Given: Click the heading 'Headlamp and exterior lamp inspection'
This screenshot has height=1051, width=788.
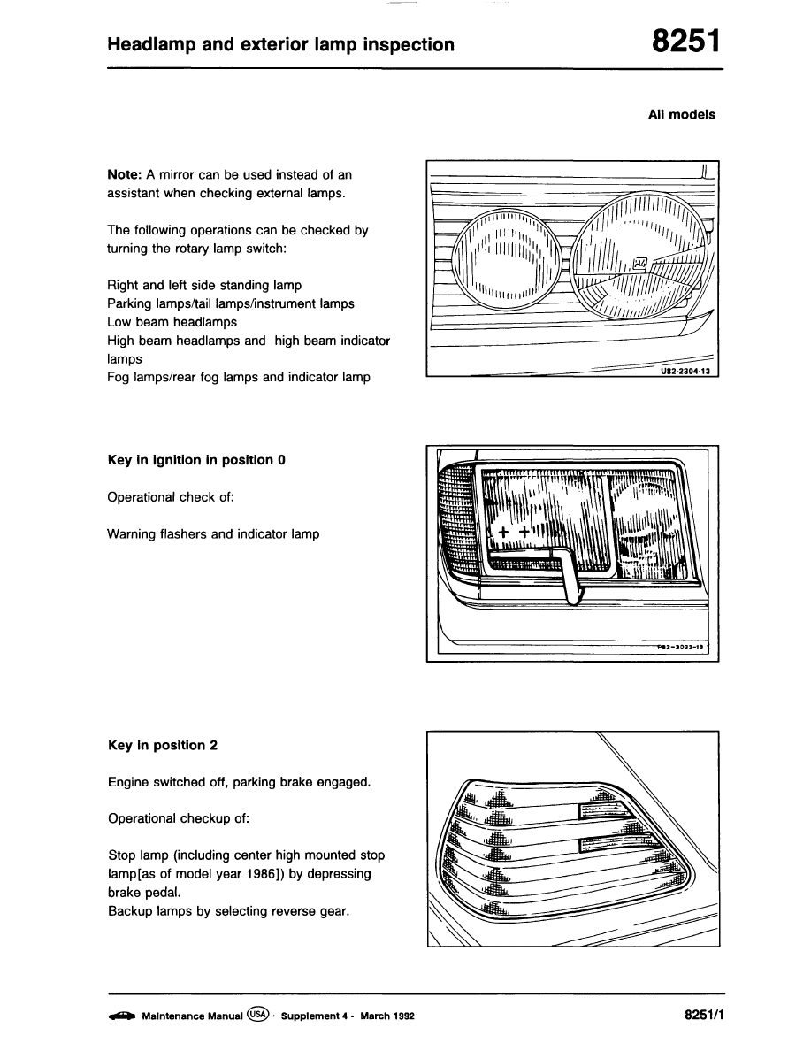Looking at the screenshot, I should [x=281, y=44].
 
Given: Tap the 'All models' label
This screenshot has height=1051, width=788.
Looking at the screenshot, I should [x=681, y=114].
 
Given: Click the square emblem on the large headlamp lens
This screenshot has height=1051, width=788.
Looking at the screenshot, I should [x=640, y=263].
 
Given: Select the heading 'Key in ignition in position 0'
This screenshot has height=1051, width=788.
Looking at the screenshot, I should [x=195, y=460].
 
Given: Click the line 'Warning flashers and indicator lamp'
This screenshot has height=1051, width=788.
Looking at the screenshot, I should [x=213, y=534].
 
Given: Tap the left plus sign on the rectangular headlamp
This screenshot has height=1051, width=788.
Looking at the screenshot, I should [x=503, y=533].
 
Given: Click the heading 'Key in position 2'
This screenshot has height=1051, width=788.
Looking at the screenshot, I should [x=162, y=745].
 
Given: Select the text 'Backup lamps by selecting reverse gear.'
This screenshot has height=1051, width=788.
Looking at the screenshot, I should [x=228, y=911].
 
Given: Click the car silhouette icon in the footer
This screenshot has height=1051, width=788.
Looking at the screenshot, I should [x=121, y=1015].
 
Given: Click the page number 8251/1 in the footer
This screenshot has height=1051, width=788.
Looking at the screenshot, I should [x=704, y=1015].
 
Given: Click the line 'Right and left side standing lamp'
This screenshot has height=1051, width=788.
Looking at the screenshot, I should [x=204, y=285].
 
